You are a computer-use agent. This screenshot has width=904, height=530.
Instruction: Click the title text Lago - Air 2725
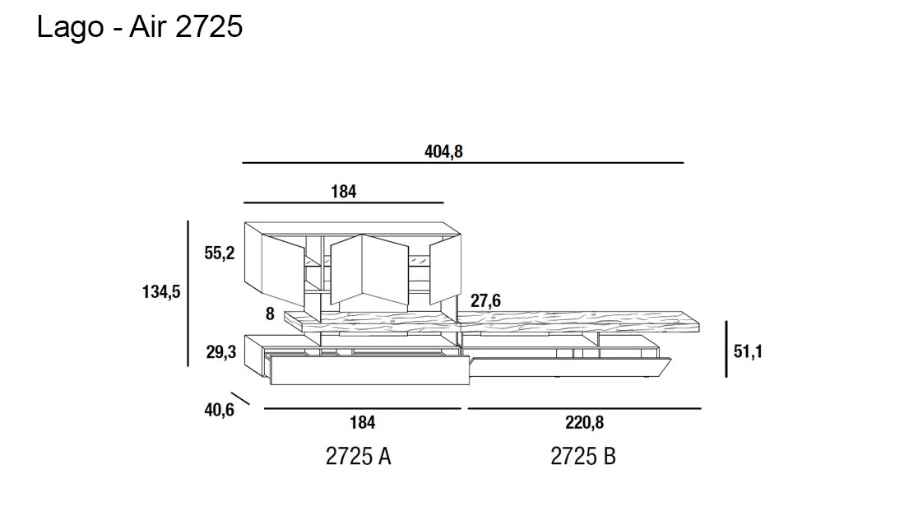pyautogui.click(x=140, y=27)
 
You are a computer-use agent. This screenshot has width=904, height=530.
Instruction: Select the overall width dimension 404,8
pyautogui.click(x=443, y=151)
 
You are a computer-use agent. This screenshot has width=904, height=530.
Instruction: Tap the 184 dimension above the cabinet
pyautogui.click(x=344, y=192)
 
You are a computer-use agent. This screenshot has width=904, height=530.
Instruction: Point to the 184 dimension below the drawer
pyautogui.click(x=363, y=423)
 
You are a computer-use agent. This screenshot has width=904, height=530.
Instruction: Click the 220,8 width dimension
pyautogui.click(x=584, y=423)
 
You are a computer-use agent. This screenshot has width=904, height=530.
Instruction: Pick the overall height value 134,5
pyautogui.click(x=161, y=292)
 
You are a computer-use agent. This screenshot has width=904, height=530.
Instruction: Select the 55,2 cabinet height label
pyautogui.click(x=220, y=253)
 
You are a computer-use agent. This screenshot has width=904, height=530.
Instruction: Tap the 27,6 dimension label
pyautogui.click(x=485, y=300)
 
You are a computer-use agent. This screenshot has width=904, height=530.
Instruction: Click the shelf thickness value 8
pyautogui.click(x=270, y=314)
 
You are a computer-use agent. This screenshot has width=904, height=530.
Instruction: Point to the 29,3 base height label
pyautogui.click(x=221, y=351)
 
